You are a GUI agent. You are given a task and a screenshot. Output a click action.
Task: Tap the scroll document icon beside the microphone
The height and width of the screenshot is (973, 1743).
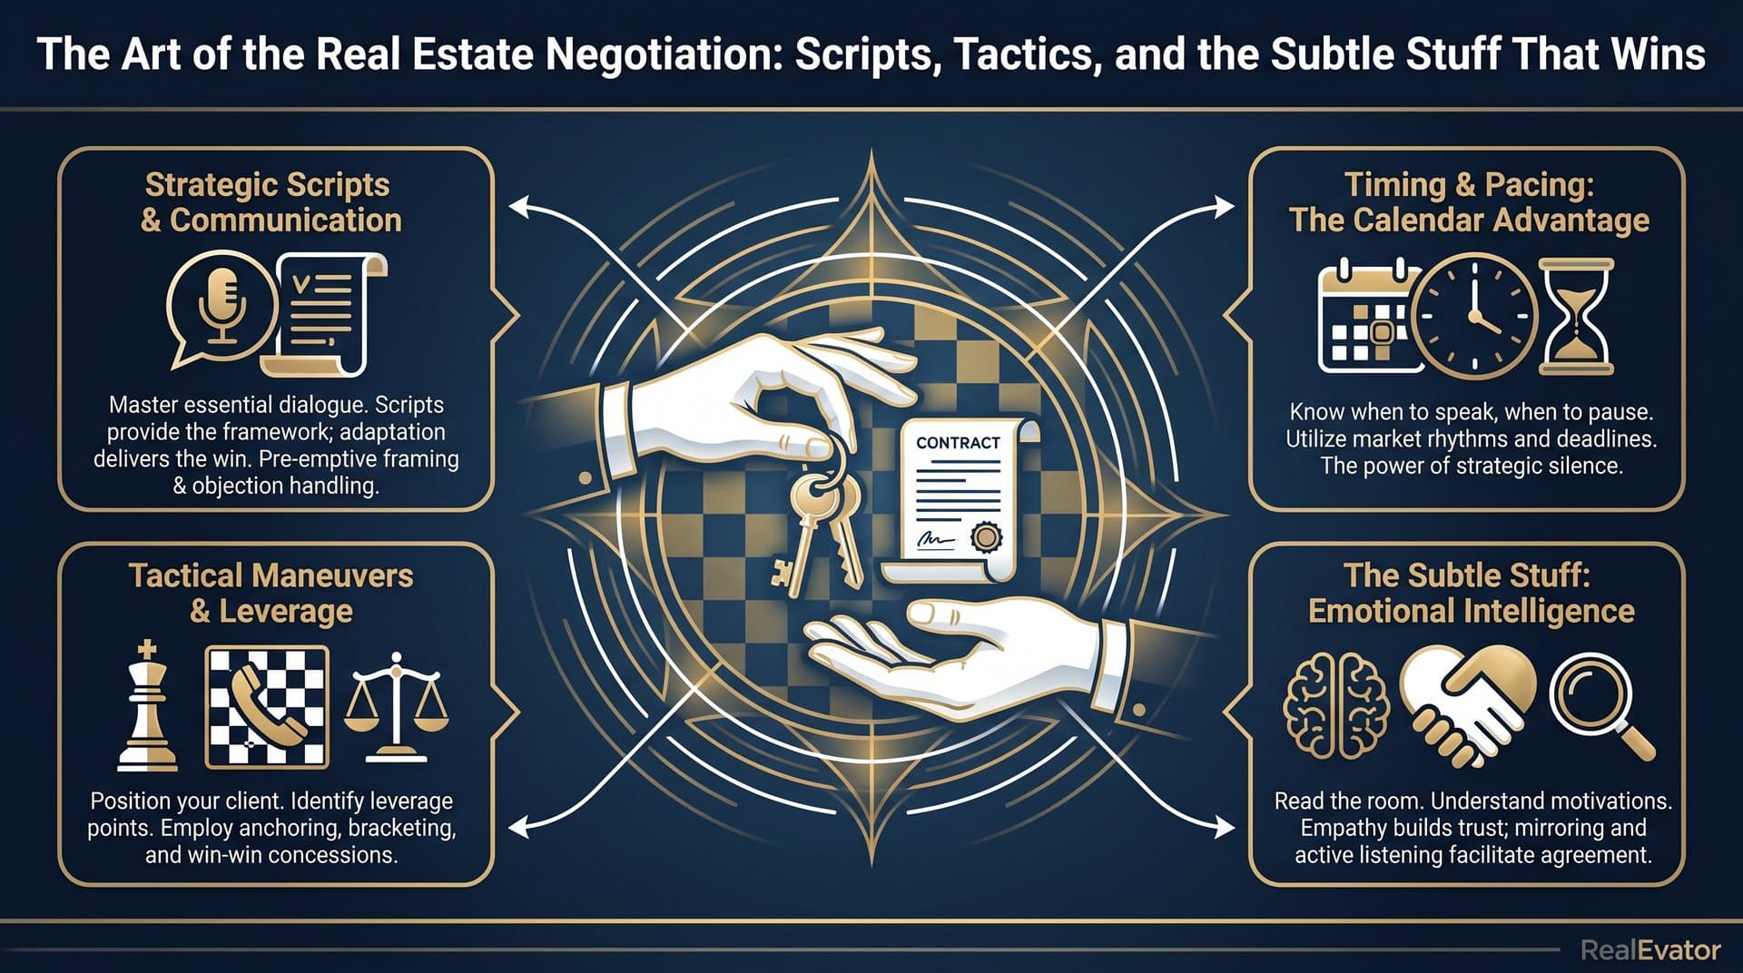(x=326, y=314)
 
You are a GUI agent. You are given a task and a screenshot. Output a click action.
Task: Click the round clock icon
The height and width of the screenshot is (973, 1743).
(x=1474, y=316)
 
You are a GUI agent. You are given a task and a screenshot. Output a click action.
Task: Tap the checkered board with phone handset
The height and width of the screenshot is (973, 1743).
(x=267, y=707)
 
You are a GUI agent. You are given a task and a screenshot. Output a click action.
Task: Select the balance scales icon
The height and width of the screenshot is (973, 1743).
(x=395, y=706)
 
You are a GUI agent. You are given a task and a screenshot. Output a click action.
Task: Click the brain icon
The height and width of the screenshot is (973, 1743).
(x=1335, y=707)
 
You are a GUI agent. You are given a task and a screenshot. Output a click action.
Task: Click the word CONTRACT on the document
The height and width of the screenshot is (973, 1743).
(x=958, y=443)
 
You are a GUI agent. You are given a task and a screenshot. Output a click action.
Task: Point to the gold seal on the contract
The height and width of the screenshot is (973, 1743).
(x=985, y=537)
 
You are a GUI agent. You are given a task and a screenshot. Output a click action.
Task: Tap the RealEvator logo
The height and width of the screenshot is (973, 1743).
(x=1650, y=950)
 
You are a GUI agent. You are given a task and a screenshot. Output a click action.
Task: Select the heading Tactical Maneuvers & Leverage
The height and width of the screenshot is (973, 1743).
(x=271, y=593)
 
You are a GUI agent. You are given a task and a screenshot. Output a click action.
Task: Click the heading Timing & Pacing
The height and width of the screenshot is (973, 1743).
(x=1469, y=184)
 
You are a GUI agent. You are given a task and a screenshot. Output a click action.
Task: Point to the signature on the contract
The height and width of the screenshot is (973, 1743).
(x=936, y=539)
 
